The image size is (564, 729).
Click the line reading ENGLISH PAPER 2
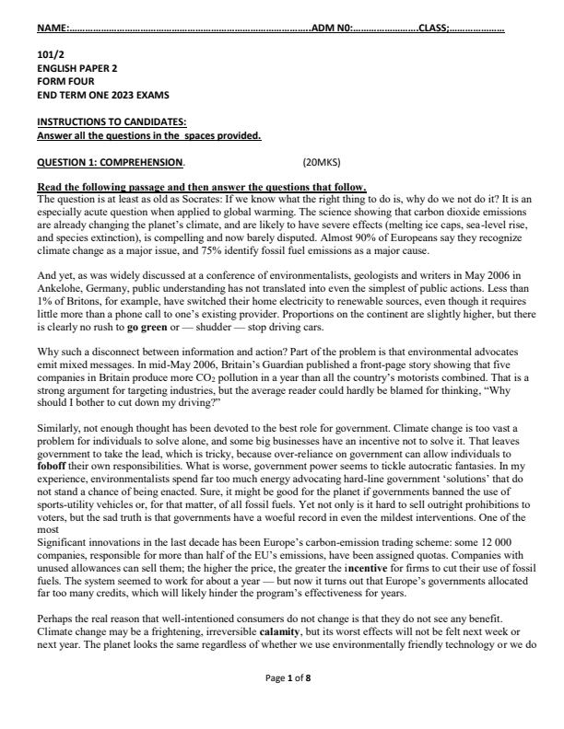click(x=77, y=68)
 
